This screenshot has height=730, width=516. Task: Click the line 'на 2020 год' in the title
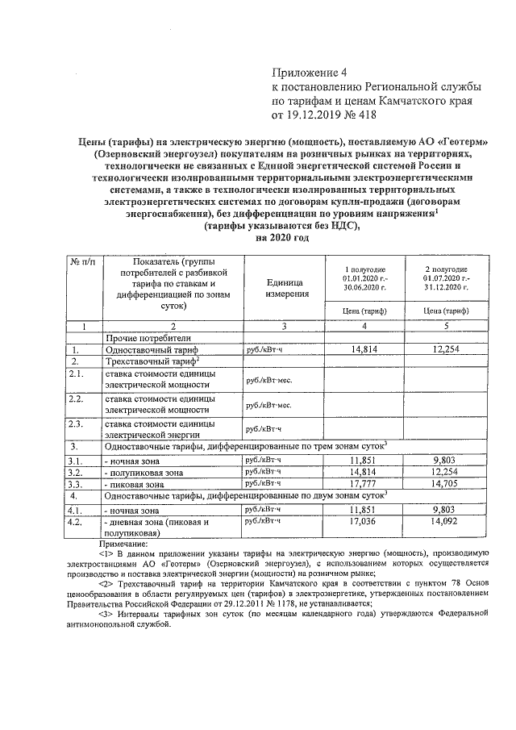pyautogui.click(x=282, y=238)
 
